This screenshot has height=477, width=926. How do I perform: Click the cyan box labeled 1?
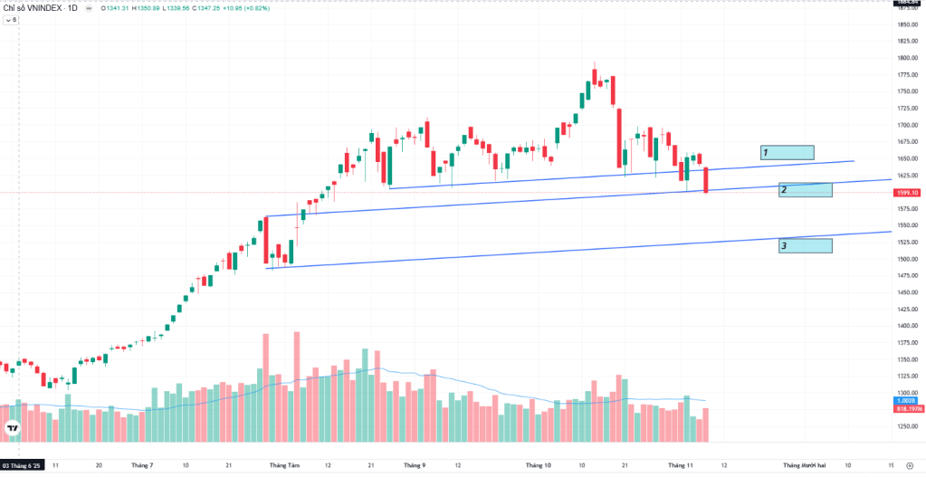[x=787, y=153]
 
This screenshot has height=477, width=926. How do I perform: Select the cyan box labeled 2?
[x=805, y=190]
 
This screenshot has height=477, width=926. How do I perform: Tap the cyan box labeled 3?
[x=805, y=245]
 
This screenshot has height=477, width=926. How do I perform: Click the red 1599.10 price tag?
[x=907, y=193]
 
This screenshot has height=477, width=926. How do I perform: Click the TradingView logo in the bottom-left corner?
[x=13, y=428]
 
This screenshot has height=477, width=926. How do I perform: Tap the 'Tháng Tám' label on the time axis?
[x=283, y=465]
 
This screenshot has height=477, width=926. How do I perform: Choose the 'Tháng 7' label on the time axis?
[x=141, y=465]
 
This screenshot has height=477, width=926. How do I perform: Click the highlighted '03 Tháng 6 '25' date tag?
[x=23, y=465]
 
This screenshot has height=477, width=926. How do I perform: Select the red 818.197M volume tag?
[x=907, y=408]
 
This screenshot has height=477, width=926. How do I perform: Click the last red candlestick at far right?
[x=705, y=178]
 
